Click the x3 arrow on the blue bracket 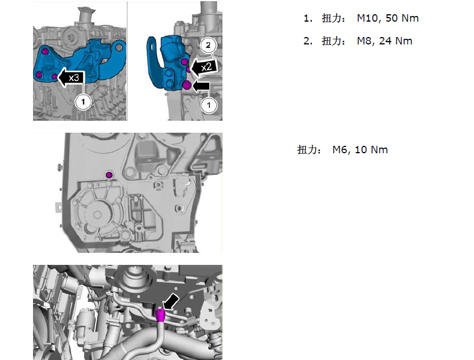point(70,77)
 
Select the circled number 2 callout point(208,46)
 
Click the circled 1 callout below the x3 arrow point(83,101)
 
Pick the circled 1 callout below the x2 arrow point(209,105)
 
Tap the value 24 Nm point(395,41)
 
